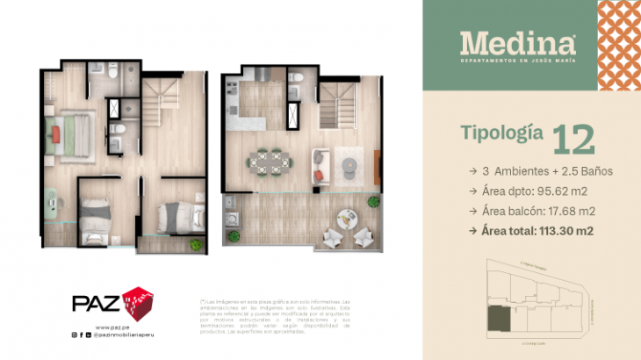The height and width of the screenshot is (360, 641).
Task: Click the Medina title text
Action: point(518,41)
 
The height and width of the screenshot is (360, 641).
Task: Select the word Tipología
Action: point(501,133)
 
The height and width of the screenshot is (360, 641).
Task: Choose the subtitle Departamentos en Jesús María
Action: point(518,61)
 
